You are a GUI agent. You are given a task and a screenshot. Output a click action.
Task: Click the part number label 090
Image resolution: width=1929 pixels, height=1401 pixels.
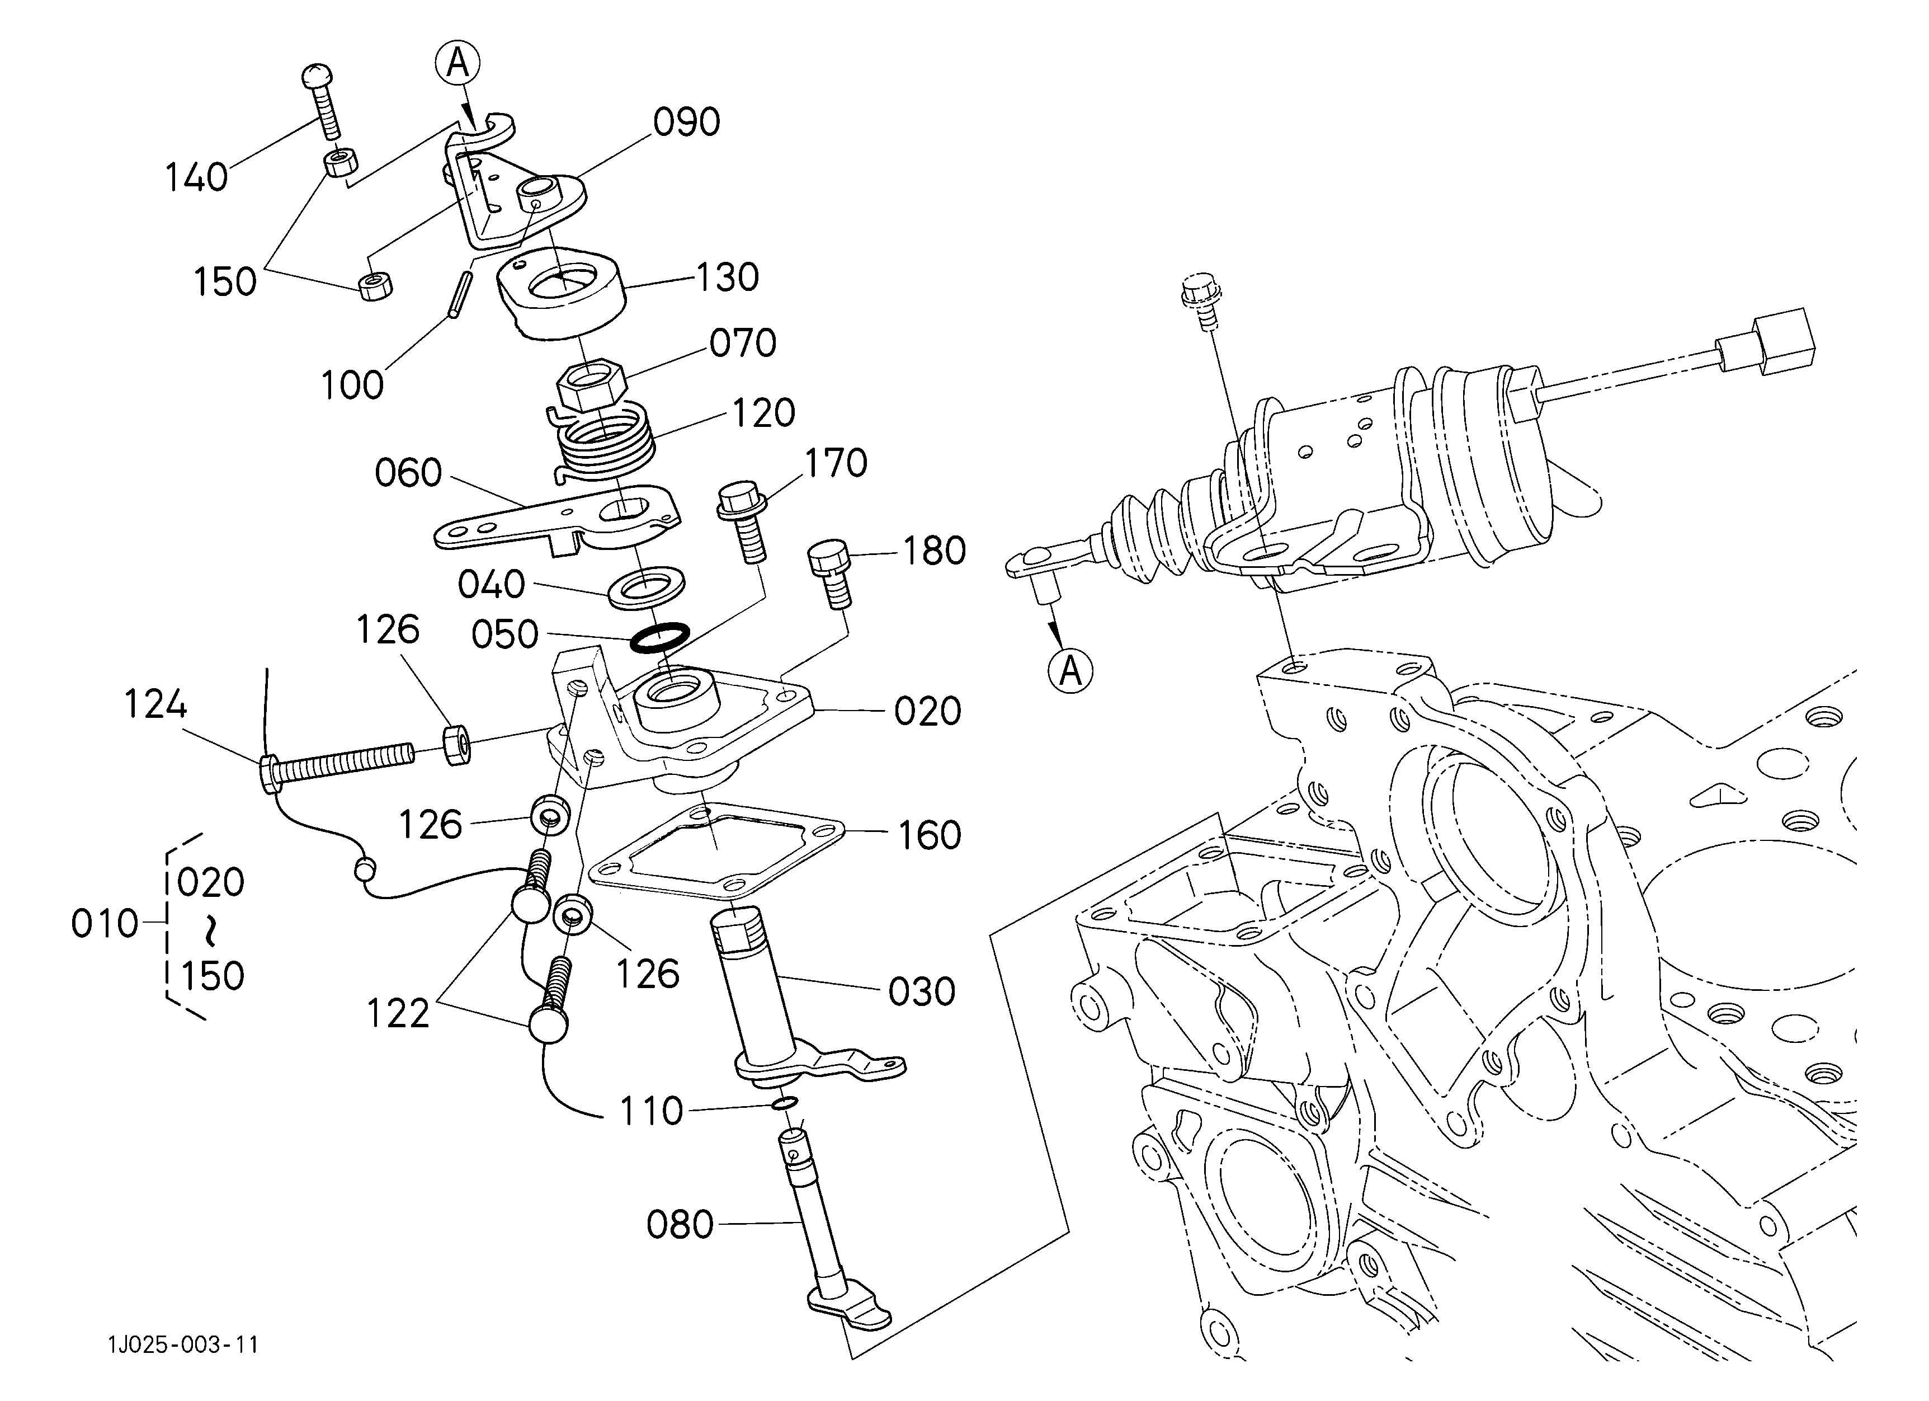(x=686, y=123)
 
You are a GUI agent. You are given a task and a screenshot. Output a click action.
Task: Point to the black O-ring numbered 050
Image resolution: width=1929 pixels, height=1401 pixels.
(x=659, y=637)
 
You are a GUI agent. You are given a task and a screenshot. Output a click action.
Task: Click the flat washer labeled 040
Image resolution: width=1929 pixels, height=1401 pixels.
(x=648, y=585)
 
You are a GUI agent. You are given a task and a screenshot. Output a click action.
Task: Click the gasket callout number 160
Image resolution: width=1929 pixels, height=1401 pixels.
(x=930, y=836)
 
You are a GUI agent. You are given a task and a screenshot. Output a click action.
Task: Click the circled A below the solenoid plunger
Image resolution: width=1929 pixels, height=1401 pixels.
(x=1071, y=672)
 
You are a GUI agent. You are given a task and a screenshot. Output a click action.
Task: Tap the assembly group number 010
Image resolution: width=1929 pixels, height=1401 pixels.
(x=104, y=924)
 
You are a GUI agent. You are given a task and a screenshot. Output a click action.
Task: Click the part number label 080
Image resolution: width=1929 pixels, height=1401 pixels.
(x=680, y=1225)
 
